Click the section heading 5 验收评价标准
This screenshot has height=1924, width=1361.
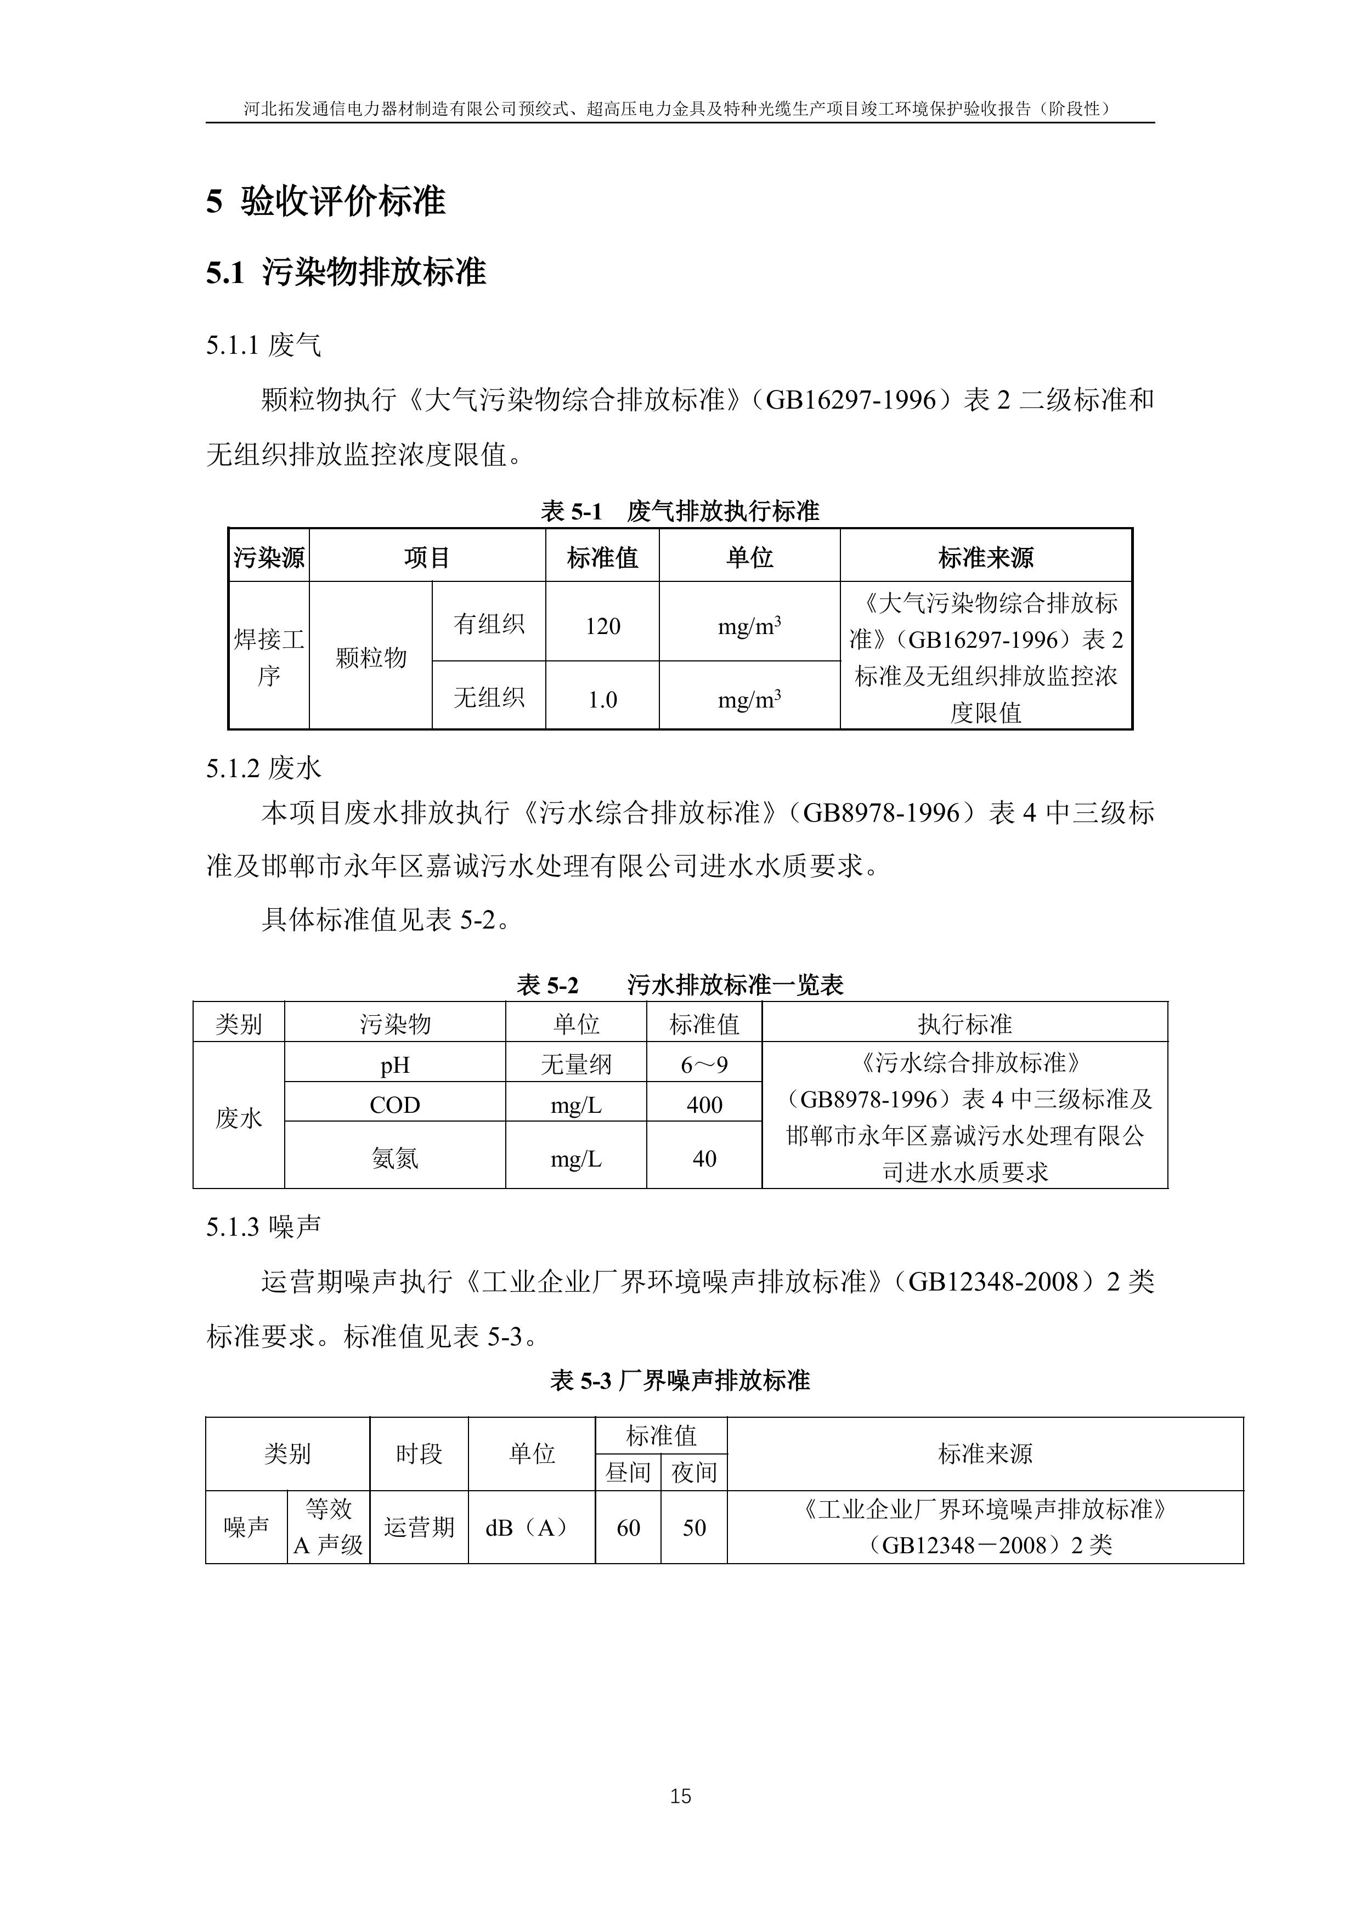click(x=326, y=202)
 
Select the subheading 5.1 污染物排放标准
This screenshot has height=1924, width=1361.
click(x=346, y=273)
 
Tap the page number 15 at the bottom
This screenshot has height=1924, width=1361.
click(x=680, y=1796)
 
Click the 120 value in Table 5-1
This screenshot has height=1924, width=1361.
click(x=602, y=626)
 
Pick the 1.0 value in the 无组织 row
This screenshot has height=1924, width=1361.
click(x=602, y=699)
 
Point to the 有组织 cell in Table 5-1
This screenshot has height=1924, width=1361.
click(x=489, y=624)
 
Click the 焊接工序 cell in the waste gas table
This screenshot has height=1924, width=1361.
click(x=269, y=657)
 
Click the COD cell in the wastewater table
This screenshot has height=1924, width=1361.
click(x=395, y=1105)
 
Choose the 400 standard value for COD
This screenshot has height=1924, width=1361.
click(x=704, y=1105)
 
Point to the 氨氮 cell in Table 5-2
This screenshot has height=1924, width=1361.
click(x=395, y=1158)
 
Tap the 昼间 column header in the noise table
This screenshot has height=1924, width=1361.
click(x=628, y=1472)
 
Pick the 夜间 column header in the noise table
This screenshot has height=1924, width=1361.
click(x=694, y=1472)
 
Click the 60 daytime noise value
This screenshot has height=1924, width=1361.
click(x=628, y=1527)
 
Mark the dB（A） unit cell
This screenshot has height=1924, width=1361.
click(x=532, y=1527)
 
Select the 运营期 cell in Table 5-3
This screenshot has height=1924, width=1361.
click(x=419, y=1527)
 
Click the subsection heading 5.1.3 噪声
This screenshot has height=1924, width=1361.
click(x=264, y=1227)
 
